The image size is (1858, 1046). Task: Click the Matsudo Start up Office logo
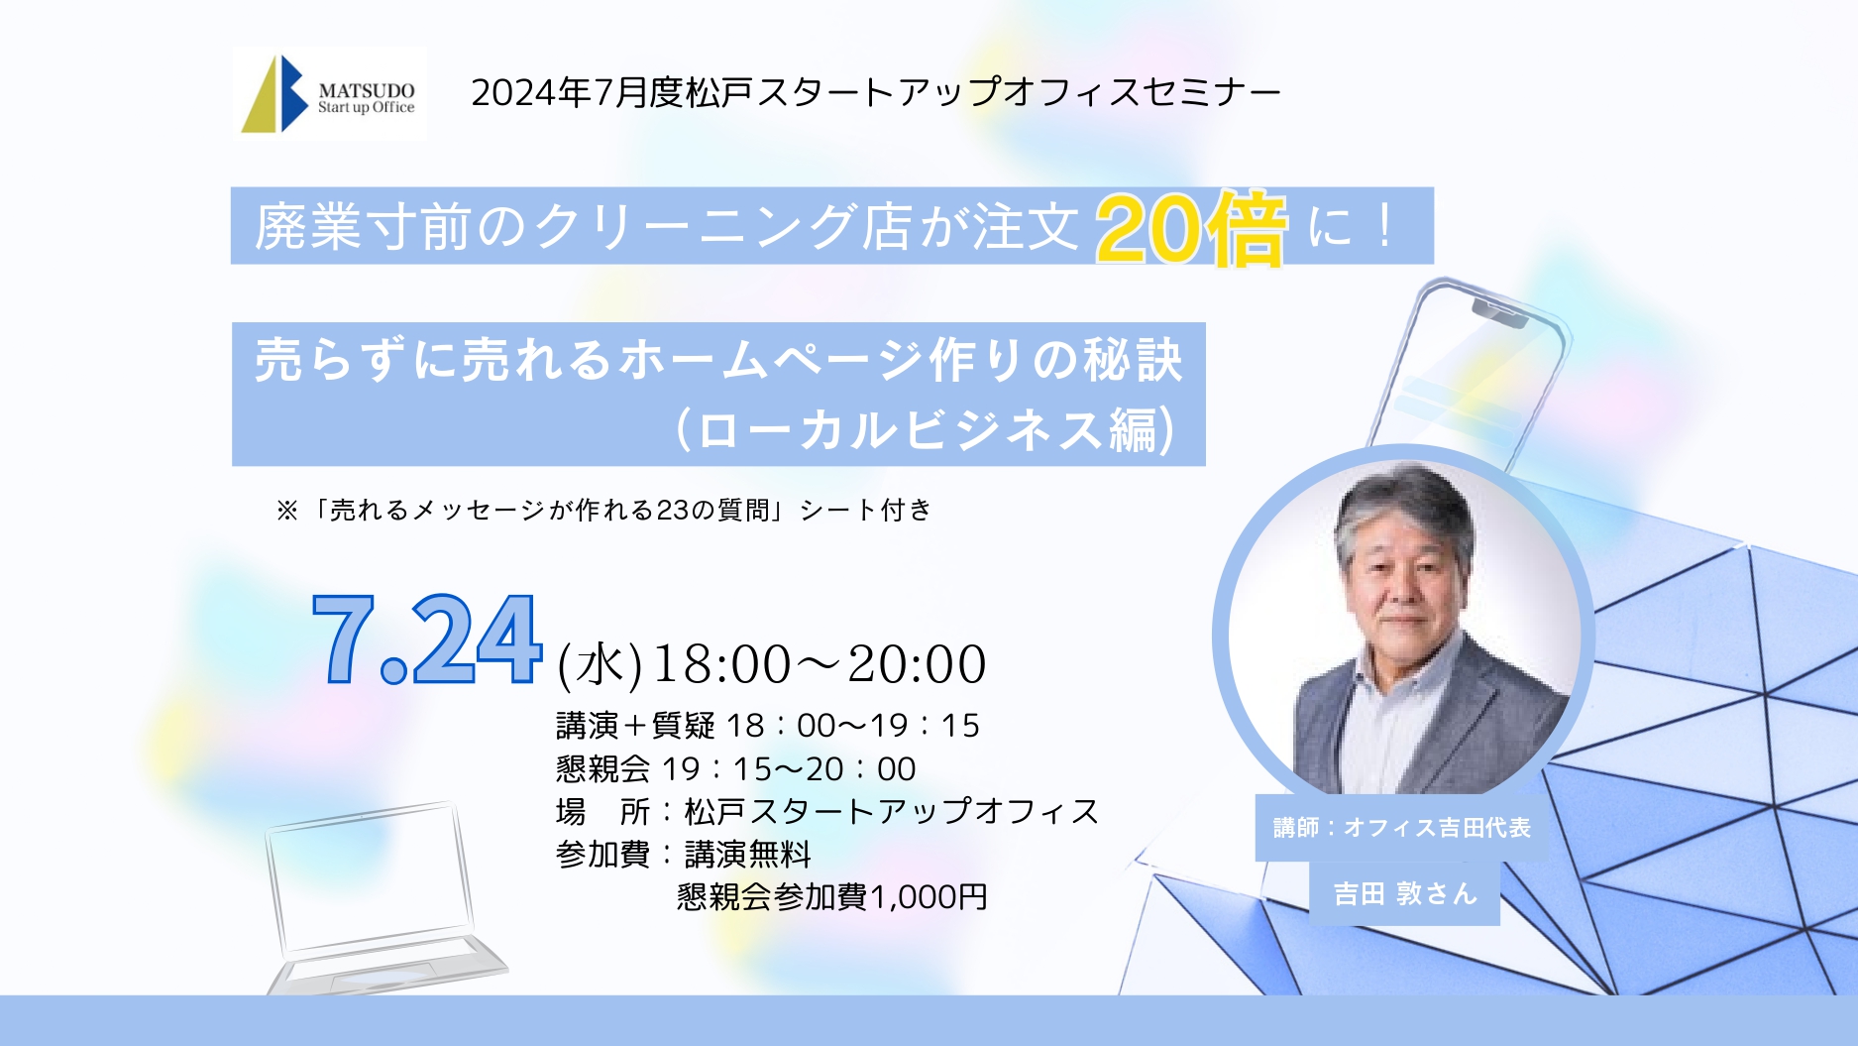(x=329, y=93)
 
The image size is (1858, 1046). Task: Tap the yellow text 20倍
(x=1191, y=229)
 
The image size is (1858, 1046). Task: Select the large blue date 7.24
(x=427, y=639)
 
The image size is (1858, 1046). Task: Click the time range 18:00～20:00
(x=820, y=663)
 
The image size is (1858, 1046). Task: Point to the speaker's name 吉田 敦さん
(x=1405, y=893)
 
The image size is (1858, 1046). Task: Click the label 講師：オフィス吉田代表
(x=1402, y=827)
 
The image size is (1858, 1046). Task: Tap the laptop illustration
(x=382, y=898)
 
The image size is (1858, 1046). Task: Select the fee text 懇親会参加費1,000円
(x=831, y=896)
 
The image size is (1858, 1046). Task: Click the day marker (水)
(x=600, y=664)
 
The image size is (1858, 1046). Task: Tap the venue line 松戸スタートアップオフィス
(x=891, y=811)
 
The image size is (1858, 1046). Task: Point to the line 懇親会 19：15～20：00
(x=735, y=768)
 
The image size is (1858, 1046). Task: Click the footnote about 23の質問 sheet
(x=604, y=510)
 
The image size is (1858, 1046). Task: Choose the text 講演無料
(x=747, y=854)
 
